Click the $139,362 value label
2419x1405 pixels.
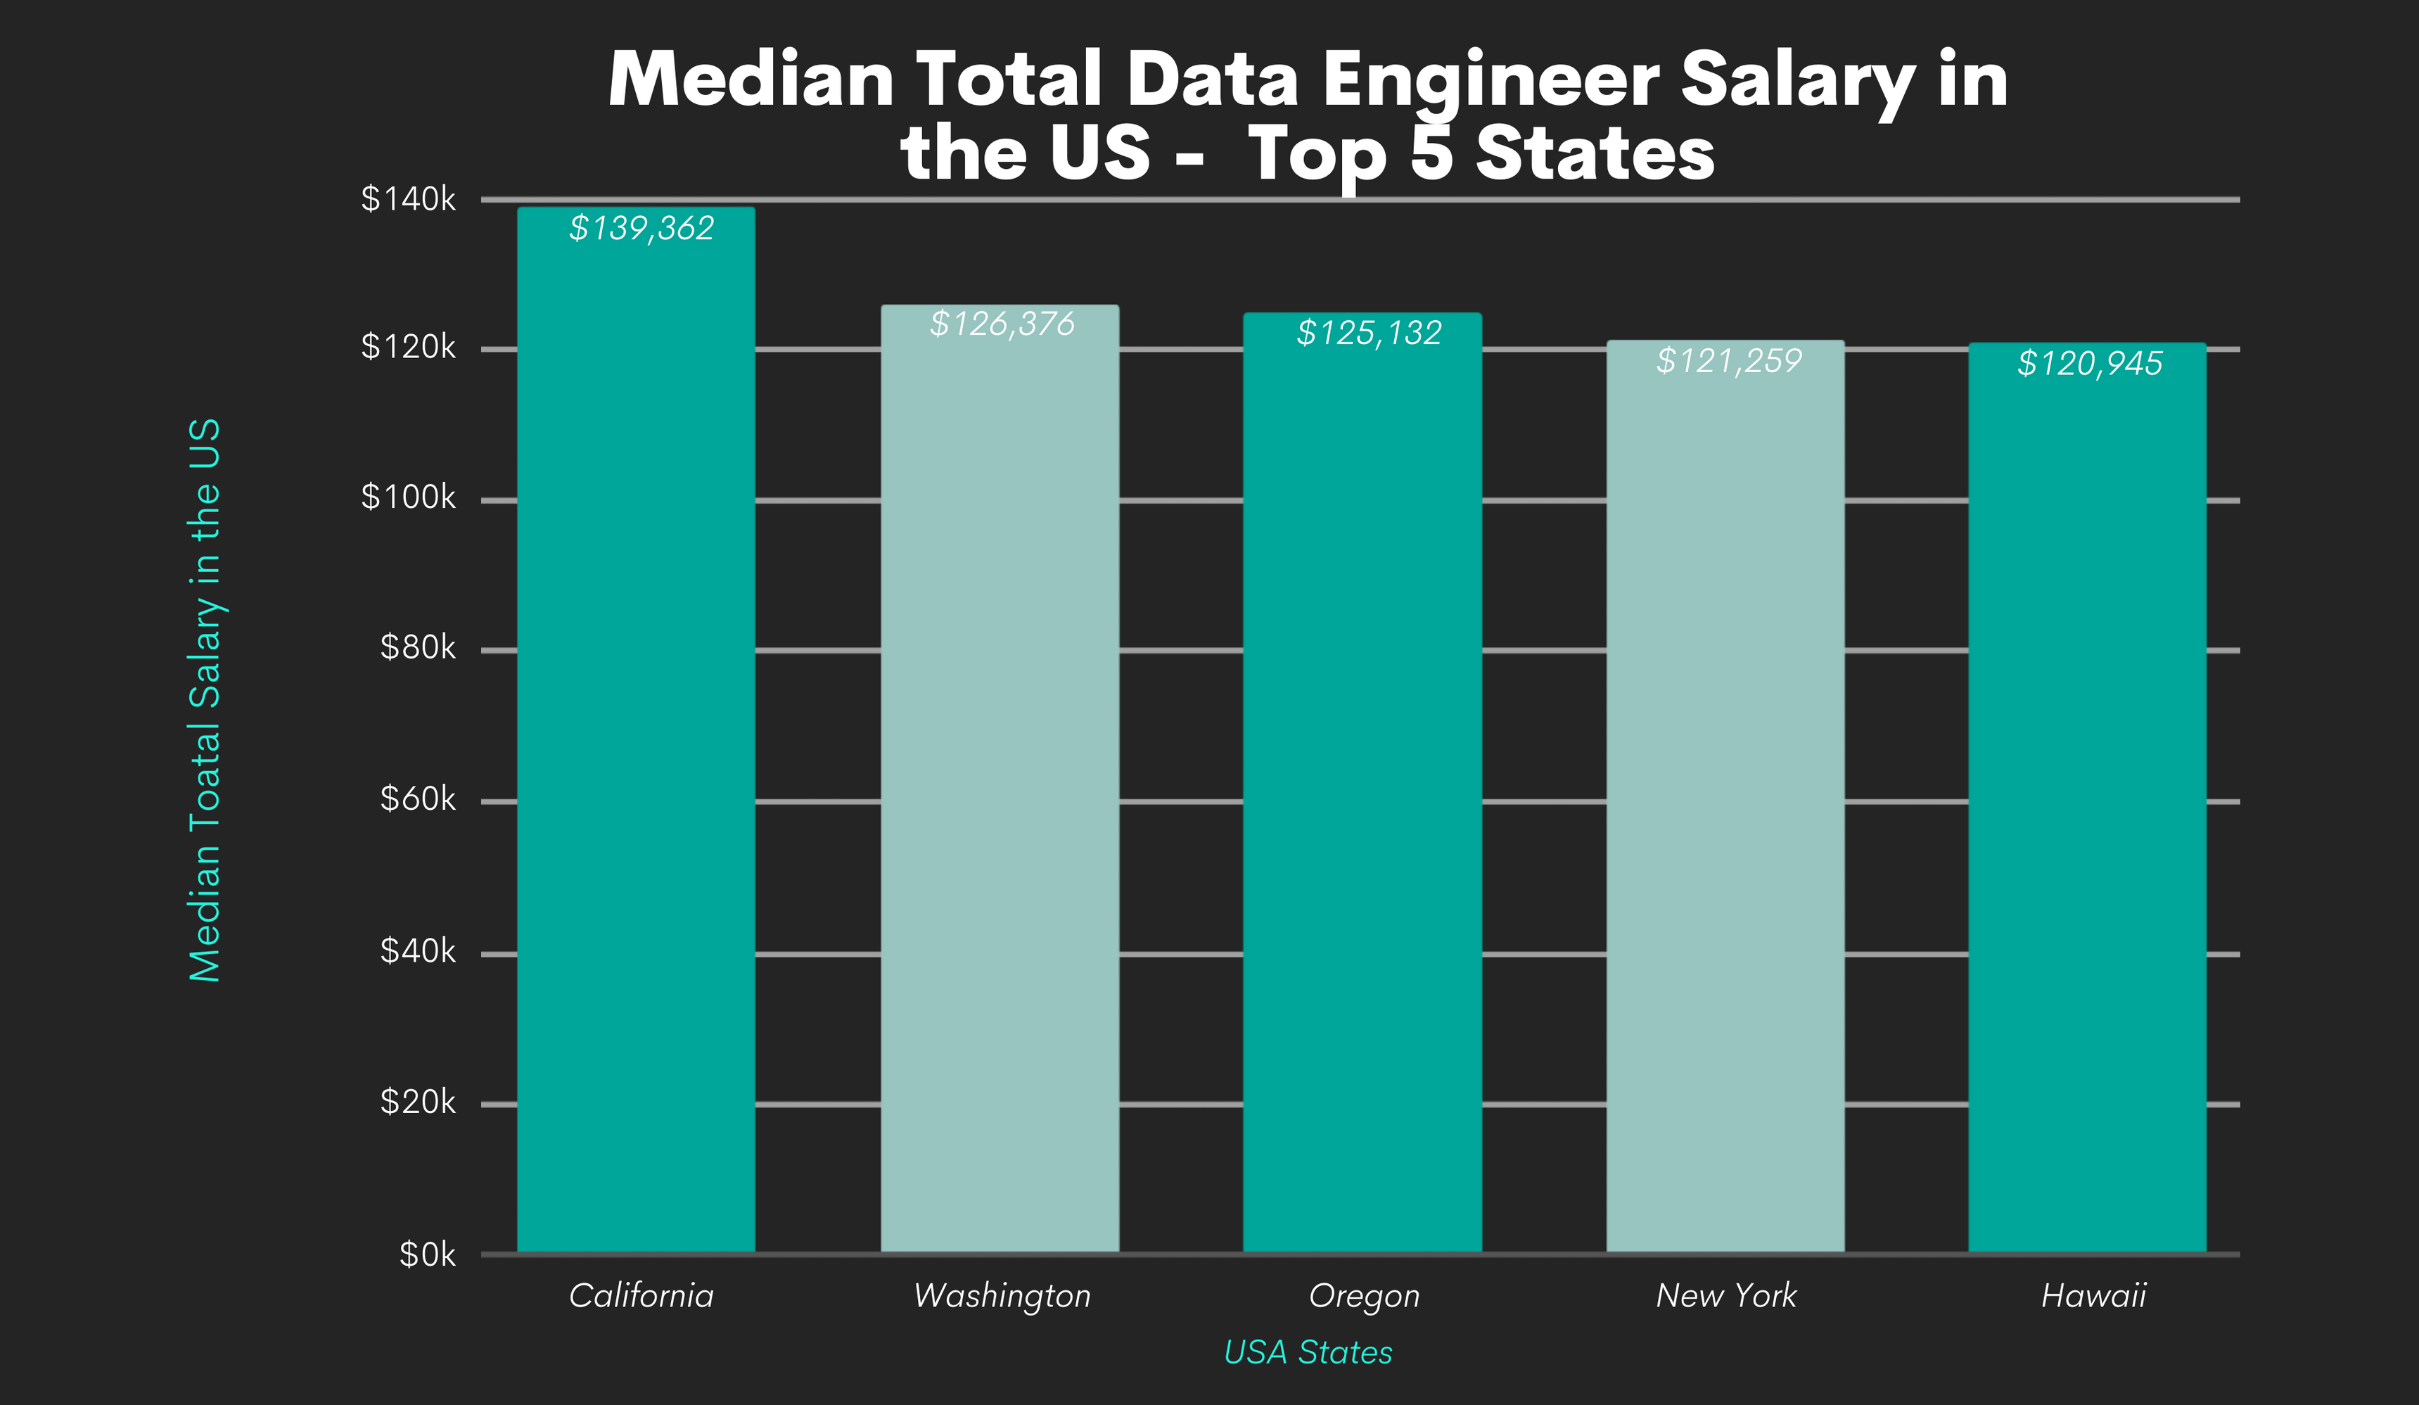pyautogui.click(x=642, y=229)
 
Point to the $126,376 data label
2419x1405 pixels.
pyautogui.click(x=1002, y=324)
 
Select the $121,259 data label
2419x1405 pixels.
pyautogui.click(x=1729, y=361)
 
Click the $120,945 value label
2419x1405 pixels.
pyautogui.click(x=2090, y=364)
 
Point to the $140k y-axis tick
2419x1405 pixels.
pyautogui.click(x=408, y=199)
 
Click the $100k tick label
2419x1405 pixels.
pyautogui.click(x=408, y=497)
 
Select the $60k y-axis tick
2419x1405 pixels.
pyautogui.click(x=418, y=799)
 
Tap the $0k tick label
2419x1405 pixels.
pyautogui.click(x=427, y=1254)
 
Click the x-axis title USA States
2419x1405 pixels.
pyautogui.click(x=1308, y=1352)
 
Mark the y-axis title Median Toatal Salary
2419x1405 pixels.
pyautogui.click(x=205, y=701)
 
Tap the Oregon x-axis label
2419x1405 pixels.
pyautogui.click(x=1364, y=1295)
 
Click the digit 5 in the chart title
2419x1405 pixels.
pyautogui.click(x=1432, y=153)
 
